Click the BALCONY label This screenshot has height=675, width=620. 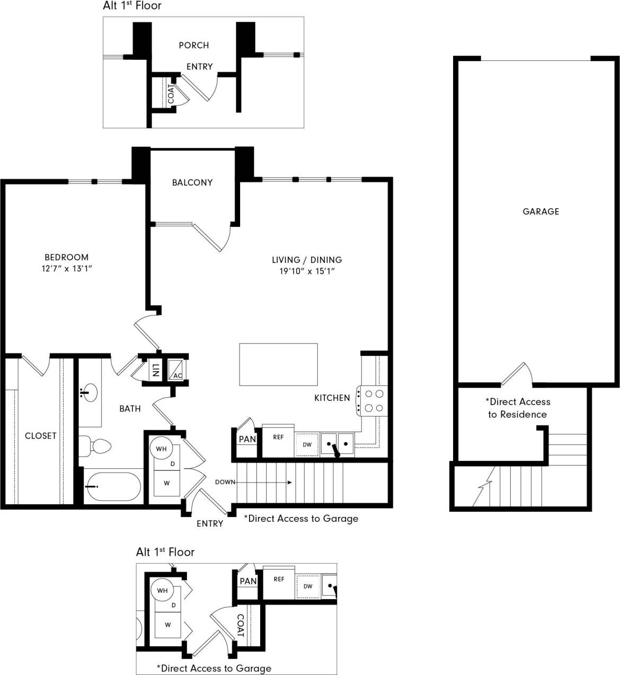point(192,182)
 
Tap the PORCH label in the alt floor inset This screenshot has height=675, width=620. point(193,46)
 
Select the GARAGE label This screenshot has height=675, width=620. point(541,212)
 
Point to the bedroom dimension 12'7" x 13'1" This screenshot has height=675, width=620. point(67,269)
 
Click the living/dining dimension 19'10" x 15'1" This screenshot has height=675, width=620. point(307,271)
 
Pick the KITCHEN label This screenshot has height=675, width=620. point(332,398)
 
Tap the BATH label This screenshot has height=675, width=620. point(130,409)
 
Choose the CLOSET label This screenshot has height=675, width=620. point(40,436)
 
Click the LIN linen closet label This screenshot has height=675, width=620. point(155,370)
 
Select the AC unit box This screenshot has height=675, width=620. point(176,370)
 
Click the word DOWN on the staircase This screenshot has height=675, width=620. point(225,482)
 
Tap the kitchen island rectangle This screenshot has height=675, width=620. point(278,364)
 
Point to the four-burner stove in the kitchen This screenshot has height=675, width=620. point(373,401)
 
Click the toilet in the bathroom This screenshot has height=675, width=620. point(95,446)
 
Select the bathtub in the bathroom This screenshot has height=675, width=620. point(113,486)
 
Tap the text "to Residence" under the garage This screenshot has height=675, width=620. point(517,415)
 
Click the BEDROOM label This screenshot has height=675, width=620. point(66,257)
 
